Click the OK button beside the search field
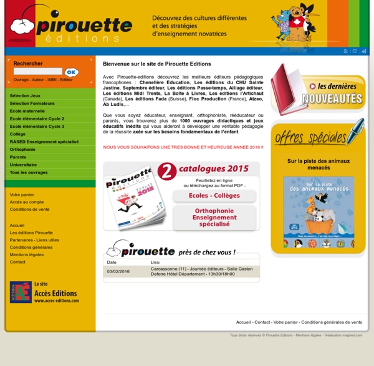pyautogui.click(x=71, y=72)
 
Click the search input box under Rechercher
pyautogui.click(x=37, y=72)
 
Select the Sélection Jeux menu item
pyautogui.click(x=25, y=95)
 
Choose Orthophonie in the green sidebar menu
pyautogui.click(x=22, y=149)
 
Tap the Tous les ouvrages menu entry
pyautogui.click(x=28, y=172)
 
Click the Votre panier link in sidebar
pyautogui.click(x=22, y=195)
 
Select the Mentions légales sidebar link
pyautogui.click(x=27, y=254)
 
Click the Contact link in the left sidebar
pyautogui.click(x=17, y=262)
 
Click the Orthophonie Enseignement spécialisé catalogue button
pyautogui.click(x=214, y=218)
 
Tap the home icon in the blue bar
pyautogui.click(x=345, y=51)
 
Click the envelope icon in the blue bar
pyautogui.click(x=355, y=51)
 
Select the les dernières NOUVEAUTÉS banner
pyautogui.click(x=318, y=90)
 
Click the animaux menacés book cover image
pyautogui.click(x=319, y=212)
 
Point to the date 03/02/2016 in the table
pyautogui.click(x=118, y=271)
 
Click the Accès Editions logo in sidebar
pyautogui.click(x=21, y=292)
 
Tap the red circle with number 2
pyautogui.click(x=166, y=172)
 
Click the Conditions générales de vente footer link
pyautogui.click(x=331, y=322)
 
